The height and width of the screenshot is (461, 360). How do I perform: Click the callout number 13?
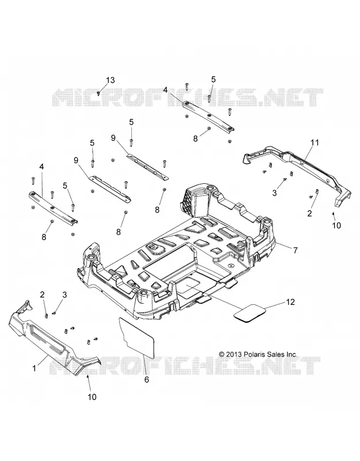click(110, 80)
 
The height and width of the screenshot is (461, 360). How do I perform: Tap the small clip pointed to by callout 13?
click(98, 93)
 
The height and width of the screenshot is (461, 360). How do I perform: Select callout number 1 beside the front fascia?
click(34, 368)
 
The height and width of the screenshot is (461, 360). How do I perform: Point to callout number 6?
click(146, 380)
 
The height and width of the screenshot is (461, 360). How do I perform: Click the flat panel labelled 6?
click(137, 337)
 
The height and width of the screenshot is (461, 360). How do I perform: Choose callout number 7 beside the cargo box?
click(295, 250)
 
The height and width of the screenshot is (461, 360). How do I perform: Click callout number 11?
click(314, 142)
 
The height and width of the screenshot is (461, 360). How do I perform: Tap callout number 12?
click(290, 302)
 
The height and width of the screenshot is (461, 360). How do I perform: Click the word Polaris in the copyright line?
click(255, 354)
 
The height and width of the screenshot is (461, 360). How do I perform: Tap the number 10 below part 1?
click(92, 397)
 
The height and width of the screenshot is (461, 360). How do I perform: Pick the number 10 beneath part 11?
click(337, 225)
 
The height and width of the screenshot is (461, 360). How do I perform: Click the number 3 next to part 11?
click(275, 193)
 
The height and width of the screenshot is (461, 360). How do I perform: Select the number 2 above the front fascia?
click(43, 294)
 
